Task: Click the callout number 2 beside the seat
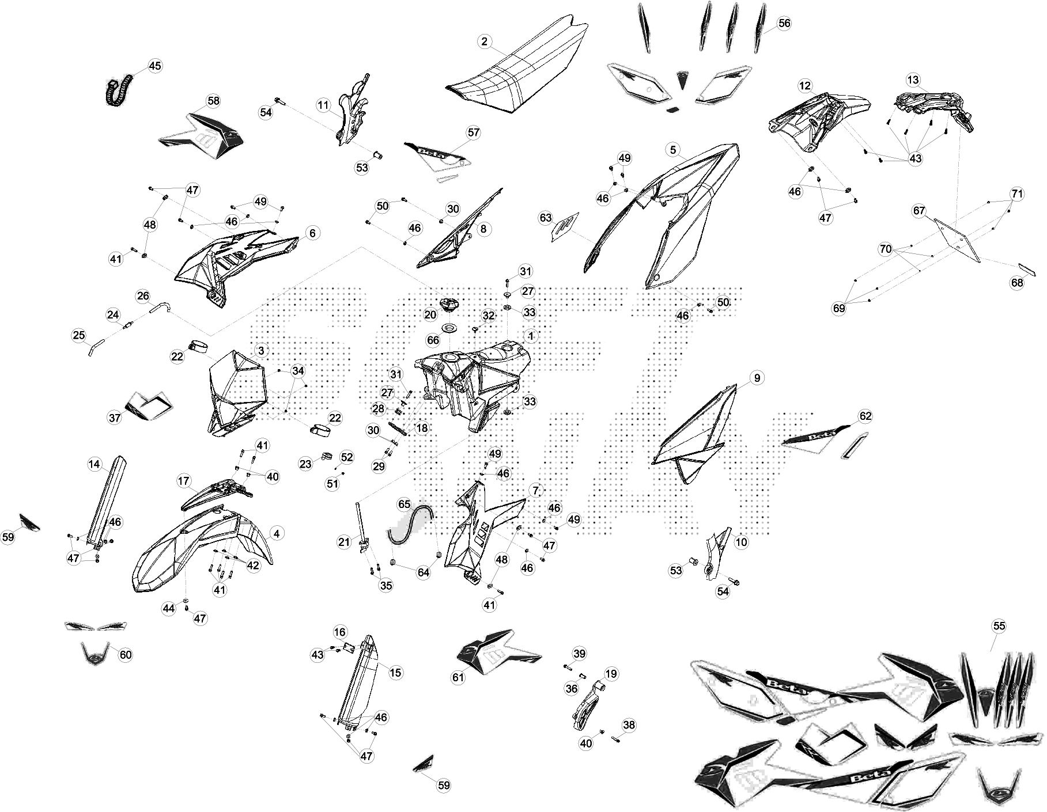click(485, 41)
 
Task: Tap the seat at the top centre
click(519, 69)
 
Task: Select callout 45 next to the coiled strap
click(155, 66)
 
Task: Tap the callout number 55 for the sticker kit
click(999, 626)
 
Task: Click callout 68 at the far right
click(1017, 283)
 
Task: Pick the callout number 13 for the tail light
click(913, 79)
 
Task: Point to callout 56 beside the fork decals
click(784, 23)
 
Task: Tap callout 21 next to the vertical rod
click(344, 541)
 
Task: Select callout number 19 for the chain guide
click(611, 673)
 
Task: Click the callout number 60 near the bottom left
click(126, 655)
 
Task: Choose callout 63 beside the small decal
click(545, 218)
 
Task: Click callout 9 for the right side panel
click(757, 378)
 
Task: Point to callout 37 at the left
click(115, 417)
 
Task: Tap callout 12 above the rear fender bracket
click(805, 86)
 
